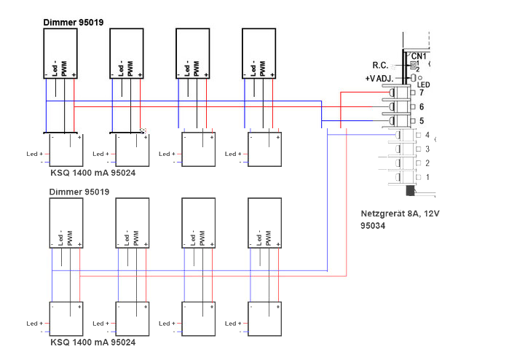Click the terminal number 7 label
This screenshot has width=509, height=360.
tap(422, 93)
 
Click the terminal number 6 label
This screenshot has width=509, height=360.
tap(422, 106)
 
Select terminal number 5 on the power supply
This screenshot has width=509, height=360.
tap(422, 120)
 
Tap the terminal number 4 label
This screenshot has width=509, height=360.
tap(427, 136)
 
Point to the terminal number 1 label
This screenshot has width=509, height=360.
tap(427, 177)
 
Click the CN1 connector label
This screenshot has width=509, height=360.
tap(419, 56)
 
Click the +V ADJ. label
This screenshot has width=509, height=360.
tap(380, 78)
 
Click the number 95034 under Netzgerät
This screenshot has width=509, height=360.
tap(374, 227)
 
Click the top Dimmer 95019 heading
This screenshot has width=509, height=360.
tap(73, 23)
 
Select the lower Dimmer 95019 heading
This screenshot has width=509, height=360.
tap(79, 192)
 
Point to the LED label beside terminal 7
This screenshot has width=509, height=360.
tap(424, 85)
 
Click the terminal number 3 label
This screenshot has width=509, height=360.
tap(427, 149)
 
